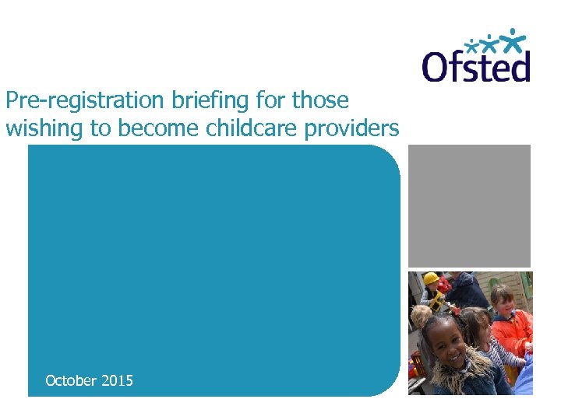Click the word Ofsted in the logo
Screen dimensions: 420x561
tap(476, 66)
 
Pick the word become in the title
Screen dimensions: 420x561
tap(156, 128)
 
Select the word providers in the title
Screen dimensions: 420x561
tap(355, 128)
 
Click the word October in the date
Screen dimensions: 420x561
tap(71, 380)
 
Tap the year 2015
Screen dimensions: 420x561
tap(117, 380)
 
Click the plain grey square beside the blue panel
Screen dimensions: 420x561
tap(470, 206)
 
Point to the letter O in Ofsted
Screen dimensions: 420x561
tap(436, 67)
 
